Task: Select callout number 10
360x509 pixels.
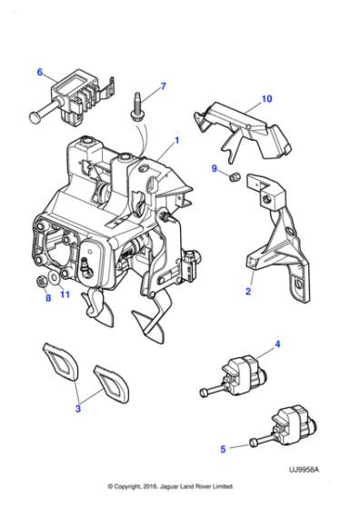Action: click(x=266, y=97)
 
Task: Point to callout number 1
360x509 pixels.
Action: click(x=176, y=140)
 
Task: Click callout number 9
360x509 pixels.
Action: click(x=215, y=168)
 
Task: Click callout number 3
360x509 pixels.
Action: click(x=78, y=409)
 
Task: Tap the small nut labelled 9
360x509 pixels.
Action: click(x=233, y=177)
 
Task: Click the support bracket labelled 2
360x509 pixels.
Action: click(x=273, y=236)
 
